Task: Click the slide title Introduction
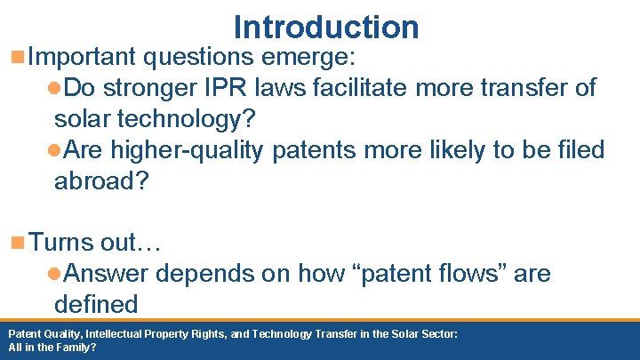[x=325, y=27]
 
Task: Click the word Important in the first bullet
[x=82, y=58]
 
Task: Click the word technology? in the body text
[x=183, y=119]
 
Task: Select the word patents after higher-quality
[x=315, y=150]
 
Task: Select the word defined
[x=96, y=304]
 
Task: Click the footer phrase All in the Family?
[x=52, y=348]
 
